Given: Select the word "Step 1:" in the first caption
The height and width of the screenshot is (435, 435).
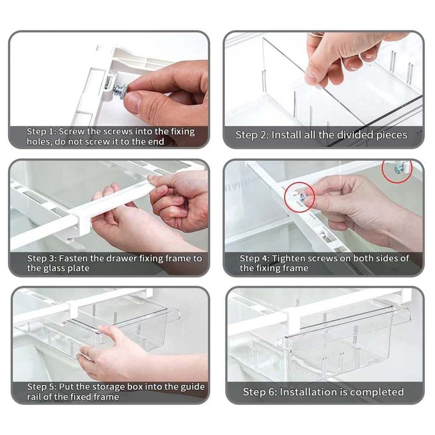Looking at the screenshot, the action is (x=41, y=131).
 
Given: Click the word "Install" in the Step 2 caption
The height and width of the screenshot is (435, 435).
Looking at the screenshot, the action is (x=286, y=135).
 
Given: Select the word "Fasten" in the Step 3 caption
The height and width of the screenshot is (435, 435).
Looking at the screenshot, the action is (x=73, y=258).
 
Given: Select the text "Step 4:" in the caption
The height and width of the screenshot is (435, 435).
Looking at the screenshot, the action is (x=254, y=258).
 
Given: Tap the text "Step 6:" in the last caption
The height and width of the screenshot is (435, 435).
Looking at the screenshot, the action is (x=260, y=392).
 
